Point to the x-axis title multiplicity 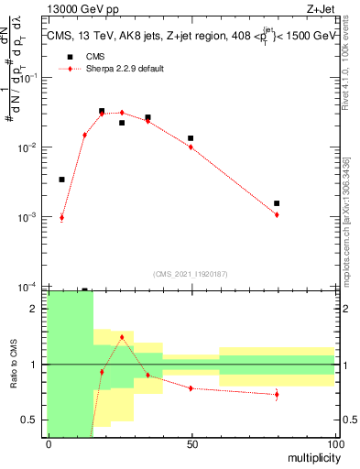(309, 455)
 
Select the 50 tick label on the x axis (191, 443)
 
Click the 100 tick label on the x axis (333, 443)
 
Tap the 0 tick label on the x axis (49, 443)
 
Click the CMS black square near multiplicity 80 (277, 203)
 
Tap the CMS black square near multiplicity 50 (191, 138)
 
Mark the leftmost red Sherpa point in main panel (61, 218)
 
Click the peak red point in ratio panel (122, 337)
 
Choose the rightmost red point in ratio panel (277, 395)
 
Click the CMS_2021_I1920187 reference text (191, 274)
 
